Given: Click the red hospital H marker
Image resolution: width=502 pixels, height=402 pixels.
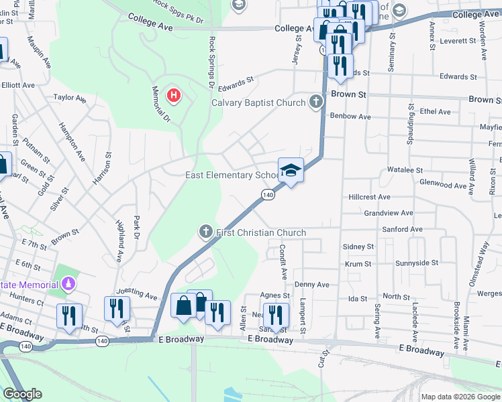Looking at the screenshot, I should tap(174, 96).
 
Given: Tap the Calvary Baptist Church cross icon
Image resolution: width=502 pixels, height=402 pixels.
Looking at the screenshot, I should tap(315, 103).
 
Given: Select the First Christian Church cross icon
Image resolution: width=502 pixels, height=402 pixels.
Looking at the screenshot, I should tap(206, 232).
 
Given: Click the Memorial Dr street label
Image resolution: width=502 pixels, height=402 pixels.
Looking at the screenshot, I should tap(160, 104).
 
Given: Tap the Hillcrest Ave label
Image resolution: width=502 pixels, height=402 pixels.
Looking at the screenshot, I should tap(369, 197).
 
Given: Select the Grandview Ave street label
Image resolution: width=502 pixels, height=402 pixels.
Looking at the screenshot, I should tap(387, 213).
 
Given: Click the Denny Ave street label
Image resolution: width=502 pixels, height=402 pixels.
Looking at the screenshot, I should tap(311, 285).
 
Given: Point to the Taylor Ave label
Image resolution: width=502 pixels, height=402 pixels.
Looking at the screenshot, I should tap(70, 98).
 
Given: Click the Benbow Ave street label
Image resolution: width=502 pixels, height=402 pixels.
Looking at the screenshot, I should tap(350, 116).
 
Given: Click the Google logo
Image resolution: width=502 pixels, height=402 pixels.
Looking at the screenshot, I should tap(22, 394).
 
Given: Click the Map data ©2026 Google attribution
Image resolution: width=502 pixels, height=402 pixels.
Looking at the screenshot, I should tap(460, 397).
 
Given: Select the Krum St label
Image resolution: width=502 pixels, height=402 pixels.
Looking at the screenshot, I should tap(358, 264).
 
